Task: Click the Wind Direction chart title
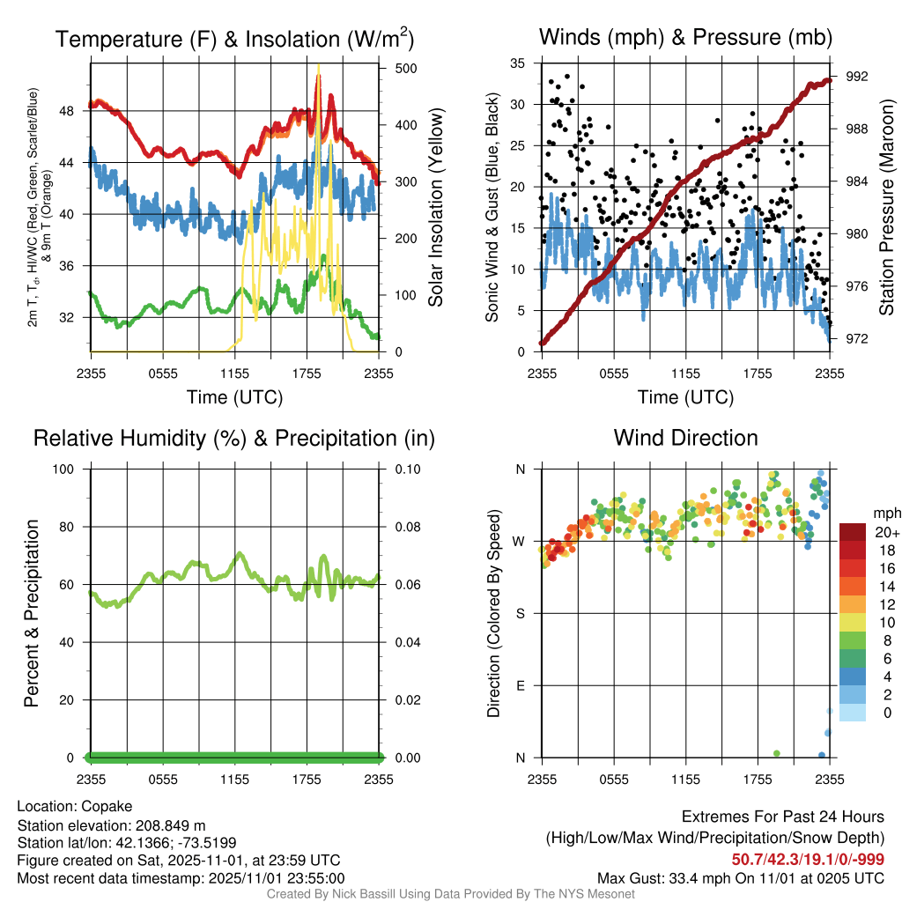pos(685,438)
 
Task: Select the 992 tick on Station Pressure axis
pos(856,77)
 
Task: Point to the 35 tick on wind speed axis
pos(518,63)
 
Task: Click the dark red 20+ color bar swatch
pos(853,532)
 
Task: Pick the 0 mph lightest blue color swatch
pos(853,713)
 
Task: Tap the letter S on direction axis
pos(521,613)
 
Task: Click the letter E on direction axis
pos(521,685)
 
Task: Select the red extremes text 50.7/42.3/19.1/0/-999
pos(808,860)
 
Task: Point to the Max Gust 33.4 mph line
pos(740,878)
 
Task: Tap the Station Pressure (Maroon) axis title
pos(887,207)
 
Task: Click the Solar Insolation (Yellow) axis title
pos(435,207)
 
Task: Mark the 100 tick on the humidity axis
pos(71,469)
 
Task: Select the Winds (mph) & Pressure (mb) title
pos(685,38)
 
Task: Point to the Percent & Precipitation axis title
pos(31,613)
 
